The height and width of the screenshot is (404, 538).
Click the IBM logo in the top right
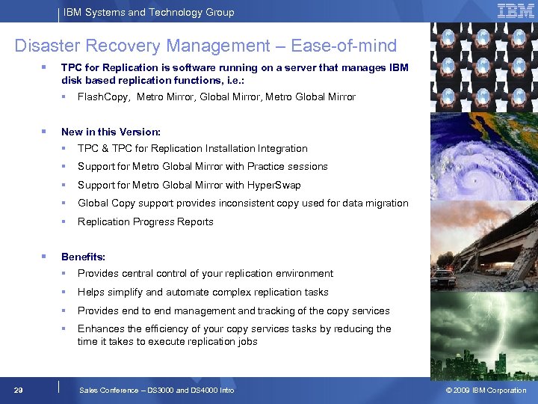pyautogui.click(x=515, y=10)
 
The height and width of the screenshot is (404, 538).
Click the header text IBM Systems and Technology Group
pyautogui.click(x=149, y=12)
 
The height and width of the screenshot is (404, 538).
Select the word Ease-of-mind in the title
pyautogui.click(x=344, y=46)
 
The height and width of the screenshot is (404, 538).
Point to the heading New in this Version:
pyautogui.click(x=111, y=132)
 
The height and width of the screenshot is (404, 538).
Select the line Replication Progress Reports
pyautogui.click(x=146, y=221)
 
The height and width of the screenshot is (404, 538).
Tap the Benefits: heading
pyautogui.click(x=83, y=257)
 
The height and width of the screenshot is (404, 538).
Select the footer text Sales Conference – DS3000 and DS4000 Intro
pyautogui.click(x=156, y=390)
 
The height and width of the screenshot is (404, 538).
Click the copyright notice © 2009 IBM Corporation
pyautogui.click(x=486, y=390)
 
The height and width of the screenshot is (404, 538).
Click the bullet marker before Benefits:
pyautogui.click(x=44, y=257)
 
